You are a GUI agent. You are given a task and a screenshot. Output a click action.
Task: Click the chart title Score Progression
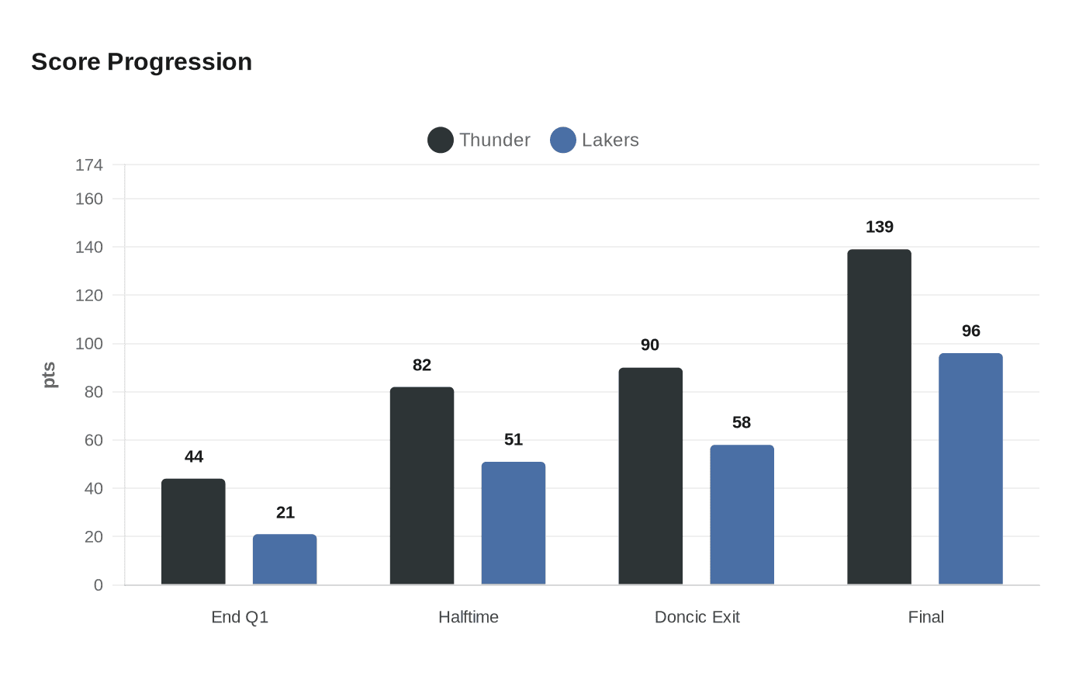point(141,61)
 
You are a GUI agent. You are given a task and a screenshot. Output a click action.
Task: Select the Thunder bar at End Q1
point(193,532)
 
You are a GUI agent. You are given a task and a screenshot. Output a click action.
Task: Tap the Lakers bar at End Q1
point(285,560)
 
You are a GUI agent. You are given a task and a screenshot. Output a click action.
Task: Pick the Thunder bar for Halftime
point(422,486)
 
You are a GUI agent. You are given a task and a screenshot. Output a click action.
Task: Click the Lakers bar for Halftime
point(514,523)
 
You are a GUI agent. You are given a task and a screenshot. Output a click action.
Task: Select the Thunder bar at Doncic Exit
point(650,476)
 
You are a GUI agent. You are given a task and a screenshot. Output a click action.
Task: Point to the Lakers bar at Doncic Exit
point(742,515)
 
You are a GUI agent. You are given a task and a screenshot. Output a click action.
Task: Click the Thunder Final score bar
point(879,417)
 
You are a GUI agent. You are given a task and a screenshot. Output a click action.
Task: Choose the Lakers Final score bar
point(970,469)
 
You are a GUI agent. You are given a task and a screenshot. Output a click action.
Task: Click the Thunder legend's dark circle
point(441,140)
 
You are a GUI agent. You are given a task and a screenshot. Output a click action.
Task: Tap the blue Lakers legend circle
point(563,140)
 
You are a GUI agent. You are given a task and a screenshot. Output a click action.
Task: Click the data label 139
point(879,227)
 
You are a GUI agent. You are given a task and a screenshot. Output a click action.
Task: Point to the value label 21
point(285,512)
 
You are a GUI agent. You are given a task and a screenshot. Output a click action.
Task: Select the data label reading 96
point(970,331)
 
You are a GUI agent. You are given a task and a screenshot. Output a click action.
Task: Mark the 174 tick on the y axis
point(89,165)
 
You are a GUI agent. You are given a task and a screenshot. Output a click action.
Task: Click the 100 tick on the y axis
point(89,343)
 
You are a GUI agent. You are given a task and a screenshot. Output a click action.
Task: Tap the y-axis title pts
point(49,375)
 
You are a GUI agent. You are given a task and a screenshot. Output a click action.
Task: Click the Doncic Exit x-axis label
point(697,617)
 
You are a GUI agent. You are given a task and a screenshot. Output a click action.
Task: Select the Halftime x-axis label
point(468,617)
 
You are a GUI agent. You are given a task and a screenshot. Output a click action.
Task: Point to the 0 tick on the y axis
point(98,584)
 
